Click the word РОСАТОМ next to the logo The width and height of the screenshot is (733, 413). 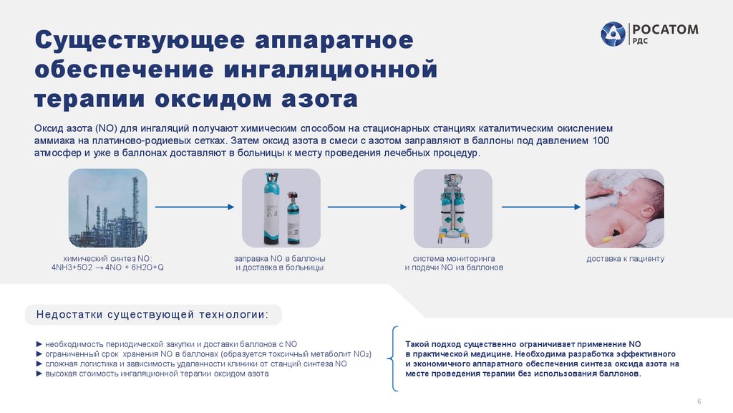[x=664, y=29]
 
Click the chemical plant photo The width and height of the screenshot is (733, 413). [x=108, y=208]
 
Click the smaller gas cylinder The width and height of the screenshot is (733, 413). [x=292, y=217]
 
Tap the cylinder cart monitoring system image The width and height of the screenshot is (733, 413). [x=452, y=208]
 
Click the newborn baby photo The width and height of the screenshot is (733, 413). [x=625, y=208]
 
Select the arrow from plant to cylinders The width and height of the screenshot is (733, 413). [x=194, y=207]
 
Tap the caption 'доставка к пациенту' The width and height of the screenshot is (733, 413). [x=625, y=258]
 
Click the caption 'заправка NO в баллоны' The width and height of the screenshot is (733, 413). [x=280, y=258]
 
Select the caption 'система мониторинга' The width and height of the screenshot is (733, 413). [x=454, y=258]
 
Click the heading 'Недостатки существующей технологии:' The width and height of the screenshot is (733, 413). [x=153, y=315]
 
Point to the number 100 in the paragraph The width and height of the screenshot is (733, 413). [x=601, y=141]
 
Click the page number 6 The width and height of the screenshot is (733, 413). [x=699, y=400]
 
